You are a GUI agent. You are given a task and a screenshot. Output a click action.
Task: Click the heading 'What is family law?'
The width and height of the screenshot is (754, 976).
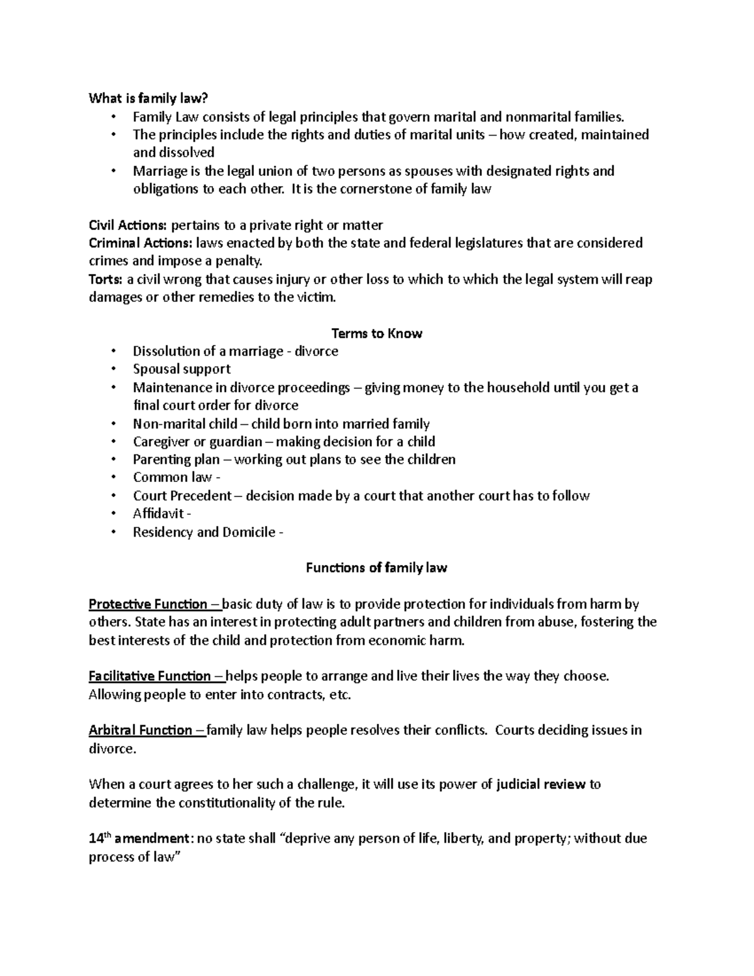148,98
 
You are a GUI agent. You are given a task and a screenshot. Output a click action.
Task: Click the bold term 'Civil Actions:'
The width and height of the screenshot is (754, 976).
128,225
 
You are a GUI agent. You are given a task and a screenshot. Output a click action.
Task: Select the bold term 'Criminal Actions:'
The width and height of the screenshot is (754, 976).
141,243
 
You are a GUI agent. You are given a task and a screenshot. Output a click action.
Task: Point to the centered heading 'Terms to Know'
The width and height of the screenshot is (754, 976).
376,334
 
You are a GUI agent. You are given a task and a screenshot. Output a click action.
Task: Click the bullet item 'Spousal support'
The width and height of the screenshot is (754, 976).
182,369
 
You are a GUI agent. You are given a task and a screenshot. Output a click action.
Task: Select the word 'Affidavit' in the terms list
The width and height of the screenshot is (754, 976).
158,513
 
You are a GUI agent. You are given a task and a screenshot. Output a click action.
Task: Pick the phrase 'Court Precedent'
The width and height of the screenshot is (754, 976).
182,496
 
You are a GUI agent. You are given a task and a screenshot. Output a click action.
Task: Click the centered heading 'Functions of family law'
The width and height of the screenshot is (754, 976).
376,568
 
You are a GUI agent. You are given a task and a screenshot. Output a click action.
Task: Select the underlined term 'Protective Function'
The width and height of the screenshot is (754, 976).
148,605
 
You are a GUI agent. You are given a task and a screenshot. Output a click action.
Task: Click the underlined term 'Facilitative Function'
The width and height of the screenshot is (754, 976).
150,677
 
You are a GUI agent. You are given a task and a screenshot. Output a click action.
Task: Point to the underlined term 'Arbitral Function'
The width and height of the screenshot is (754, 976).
141,730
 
